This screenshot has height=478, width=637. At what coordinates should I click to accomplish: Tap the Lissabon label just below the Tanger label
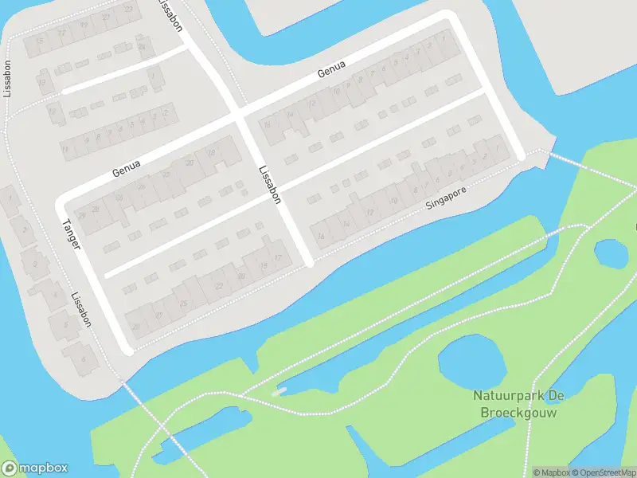[81, 311]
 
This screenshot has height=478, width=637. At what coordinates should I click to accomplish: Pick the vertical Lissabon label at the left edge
[7, 79]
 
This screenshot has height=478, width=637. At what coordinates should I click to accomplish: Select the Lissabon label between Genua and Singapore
[270, 185]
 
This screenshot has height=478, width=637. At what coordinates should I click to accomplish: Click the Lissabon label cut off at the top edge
[171, 14]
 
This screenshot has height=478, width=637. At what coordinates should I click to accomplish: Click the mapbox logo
[34, 468]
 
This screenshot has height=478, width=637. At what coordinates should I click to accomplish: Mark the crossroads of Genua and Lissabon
[239, 115]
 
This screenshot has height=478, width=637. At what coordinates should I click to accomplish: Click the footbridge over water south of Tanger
[140, 405]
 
